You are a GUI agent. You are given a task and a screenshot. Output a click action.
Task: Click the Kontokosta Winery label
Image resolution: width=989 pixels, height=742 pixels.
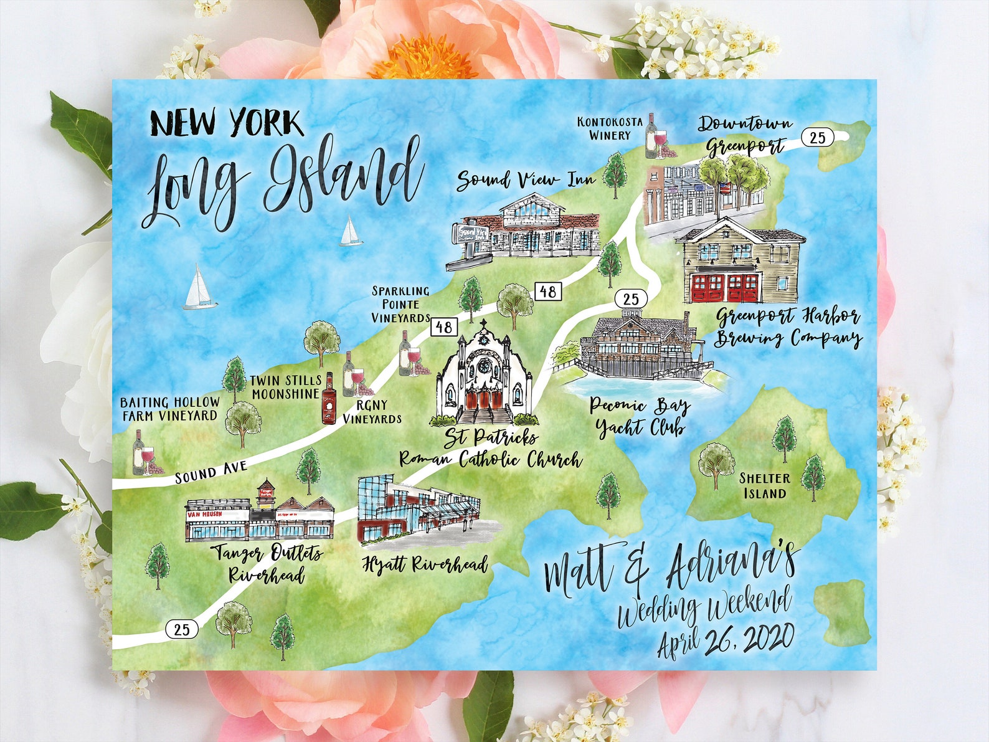pos(609,128)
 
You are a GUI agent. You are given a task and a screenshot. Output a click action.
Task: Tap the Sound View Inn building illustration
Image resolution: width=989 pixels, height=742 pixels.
pos(526,227)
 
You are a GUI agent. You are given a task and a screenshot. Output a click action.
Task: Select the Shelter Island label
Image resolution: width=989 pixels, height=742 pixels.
pos(764,486)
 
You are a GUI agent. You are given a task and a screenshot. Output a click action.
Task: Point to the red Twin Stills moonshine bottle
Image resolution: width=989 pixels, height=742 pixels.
pos(328,399)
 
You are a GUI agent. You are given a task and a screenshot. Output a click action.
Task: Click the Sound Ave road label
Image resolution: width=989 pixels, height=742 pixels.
pos(211,472)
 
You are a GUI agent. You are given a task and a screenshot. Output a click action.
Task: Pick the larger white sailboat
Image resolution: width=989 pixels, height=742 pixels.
pos(199,288)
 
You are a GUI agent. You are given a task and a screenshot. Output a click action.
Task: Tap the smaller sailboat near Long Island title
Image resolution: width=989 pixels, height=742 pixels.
pos(351,232)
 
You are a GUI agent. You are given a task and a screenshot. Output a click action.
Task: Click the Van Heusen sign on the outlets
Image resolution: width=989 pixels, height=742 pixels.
pos(204,515)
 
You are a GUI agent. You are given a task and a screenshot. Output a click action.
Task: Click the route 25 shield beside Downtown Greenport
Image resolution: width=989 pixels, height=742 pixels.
pos(817,137)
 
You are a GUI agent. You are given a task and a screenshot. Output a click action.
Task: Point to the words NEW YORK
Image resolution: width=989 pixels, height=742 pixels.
pos(227,123)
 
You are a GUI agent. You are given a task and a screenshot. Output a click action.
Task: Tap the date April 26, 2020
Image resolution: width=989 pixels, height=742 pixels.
pos(726,640)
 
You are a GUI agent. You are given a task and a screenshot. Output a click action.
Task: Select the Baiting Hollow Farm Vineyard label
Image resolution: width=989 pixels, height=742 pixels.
pos(169,409)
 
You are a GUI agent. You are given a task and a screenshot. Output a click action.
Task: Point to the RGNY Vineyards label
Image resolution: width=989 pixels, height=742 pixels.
pos(372,412)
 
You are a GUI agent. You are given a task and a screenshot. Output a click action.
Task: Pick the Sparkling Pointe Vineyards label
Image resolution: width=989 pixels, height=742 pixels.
pos(400,305)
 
